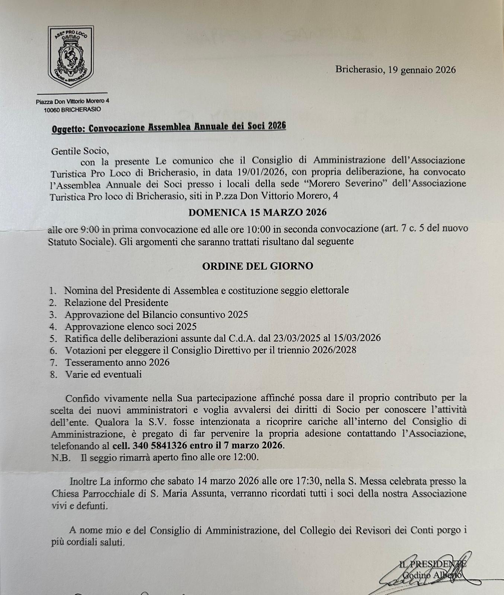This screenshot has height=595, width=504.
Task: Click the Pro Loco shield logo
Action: (x=71, y=56)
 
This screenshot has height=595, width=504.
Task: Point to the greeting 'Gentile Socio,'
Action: (x=80, y=151)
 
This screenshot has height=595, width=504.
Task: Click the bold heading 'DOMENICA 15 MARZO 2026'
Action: (x=257, y=212)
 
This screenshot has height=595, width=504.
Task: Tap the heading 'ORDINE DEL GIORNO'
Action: (x=257, y=266)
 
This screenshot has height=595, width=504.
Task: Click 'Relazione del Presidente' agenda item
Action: (x=116, y=303)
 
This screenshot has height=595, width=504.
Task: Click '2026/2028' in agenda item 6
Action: (x=334, y=350)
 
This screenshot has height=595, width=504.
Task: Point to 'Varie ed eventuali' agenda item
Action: (x=103, y=374)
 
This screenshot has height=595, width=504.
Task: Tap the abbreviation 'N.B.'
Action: (x=61, y=457)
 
